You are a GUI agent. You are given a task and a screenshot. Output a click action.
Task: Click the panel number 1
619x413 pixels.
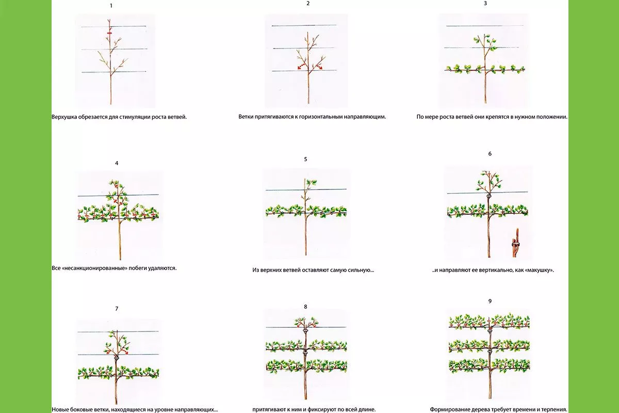111,6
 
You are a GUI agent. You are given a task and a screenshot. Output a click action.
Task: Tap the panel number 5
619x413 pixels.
305,159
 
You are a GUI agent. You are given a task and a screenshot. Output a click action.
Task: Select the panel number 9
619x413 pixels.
490,301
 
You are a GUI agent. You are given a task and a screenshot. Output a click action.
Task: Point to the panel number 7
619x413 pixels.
117,309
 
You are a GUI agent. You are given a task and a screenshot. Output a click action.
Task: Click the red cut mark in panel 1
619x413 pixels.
110,33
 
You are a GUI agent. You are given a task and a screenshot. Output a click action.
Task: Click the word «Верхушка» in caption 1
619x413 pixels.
64,117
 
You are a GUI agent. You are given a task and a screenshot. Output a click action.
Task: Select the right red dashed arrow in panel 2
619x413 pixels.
319,66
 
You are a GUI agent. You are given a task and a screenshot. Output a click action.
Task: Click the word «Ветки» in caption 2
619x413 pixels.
246,117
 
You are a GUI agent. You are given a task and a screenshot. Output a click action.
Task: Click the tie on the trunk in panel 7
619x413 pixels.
116,357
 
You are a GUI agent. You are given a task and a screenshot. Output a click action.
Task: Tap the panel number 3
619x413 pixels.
485,3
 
